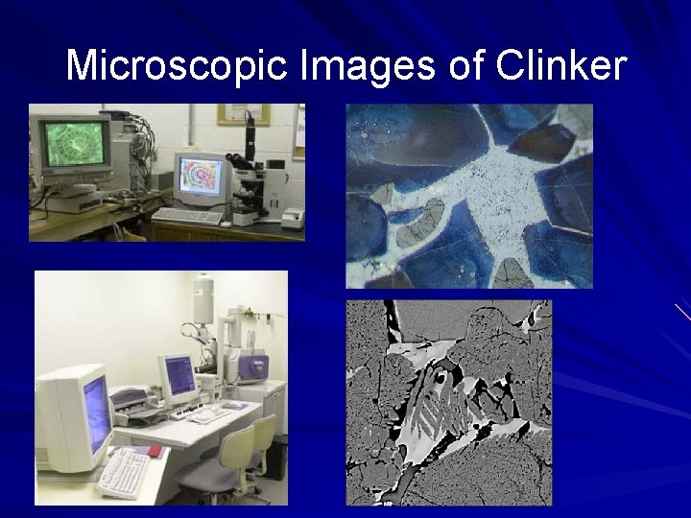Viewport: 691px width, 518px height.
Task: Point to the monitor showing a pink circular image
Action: tap(201, 179)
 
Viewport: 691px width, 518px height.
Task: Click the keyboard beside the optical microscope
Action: tap(186, 216)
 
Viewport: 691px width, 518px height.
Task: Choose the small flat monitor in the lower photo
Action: tap(179, 378)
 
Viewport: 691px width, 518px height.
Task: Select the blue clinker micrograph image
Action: tap(468, 196)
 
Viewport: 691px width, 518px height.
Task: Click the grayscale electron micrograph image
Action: tap(448, 402)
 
